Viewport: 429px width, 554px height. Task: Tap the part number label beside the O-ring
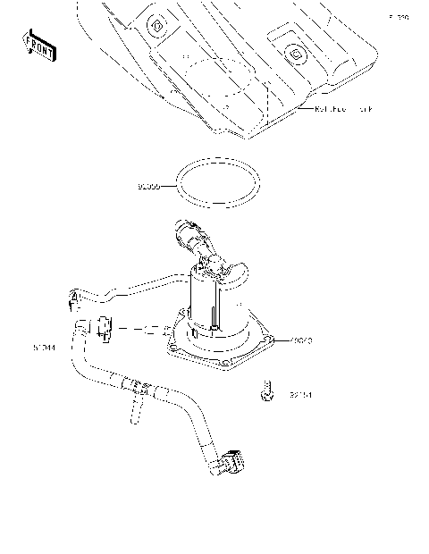tap(149, 189)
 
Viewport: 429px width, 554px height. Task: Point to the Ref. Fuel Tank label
tap(344, 109)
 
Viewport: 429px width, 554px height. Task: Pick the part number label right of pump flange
tap(299, 340)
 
